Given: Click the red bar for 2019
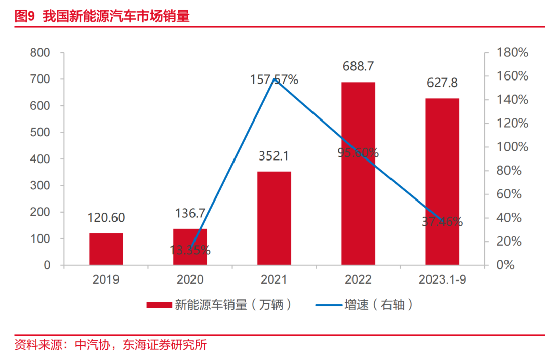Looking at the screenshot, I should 106,249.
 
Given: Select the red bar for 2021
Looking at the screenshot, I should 274,218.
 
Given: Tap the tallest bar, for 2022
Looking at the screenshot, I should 358,173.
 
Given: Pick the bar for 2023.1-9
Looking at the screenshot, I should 442,181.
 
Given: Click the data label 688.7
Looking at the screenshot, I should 358,66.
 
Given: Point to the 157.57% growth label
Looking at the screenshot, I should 274,79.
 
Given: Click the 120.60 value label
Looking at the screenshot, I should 106,218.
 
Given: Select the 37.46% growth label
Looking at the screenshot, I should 442,221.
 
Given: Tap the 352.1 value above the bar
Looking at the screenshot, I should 274,156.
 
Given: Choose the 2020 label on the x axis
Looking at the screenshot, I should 190,279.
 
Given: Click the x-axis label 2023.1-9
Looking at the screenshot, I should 442,279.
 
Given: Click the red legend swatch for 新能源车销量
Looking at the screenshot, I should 159,305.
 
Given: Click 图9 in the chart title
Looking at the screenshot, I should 25,16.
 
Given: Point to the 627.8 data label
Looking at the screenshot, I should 442,83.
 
